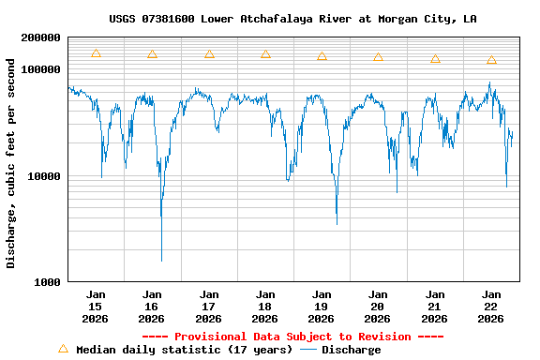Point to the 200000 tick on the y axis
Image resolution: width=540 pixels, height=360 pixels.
40,37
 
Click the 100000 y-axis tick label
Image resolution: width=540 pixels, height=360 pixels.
40,69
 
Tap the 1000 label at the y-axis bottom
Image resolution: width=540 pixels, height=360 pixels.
47,282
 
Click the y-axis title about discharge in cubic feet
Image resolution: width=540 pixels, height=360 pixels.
11,163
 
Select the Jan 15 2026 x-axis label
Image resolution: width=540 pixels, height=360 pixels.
96,307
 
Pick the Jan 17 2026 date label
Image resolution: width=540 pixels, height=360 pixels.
209,307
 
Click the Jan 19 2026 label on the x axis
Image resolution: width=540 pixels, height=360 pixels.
322,307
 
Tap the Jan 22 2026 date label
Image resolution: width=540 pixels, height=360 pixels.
491,307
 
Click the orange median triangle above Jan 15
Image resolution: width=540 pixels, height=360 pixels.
96,53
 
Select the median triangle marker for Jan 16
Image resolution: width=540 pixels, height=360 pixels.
152,54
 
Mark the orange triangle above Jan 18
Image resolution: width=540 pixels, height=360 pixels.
265,54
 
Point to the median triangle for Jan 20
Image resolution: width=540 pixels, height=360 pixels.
378,57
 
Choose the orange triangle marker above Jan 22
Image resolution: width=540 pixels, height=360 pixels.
491,60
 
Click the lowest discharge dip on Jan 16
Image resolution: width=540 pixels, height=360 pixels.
161,260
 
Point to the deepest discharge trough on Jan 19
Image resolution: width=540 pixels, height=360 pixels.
337,223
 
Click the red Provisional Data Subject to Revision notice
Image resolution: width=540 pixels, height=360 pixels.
292,337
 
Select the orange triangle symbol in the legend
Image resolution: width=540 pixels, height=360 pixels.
63,349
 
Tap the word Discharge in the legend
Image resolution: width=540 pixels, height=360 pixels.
351,350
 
